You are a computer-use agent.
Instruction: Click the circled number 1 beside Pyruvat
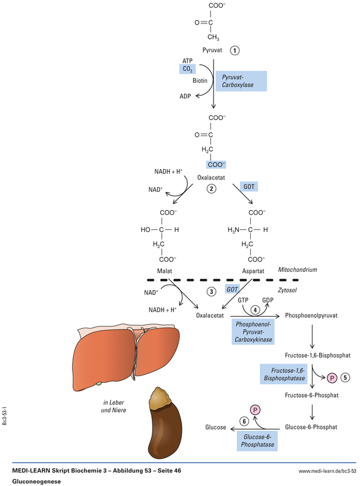click(x=235, y=51)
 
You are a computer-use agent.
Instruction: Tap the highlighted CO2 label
click(x=188, y=70)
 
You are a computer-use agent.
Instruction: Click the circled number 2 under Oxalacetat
click(x=211, y=188)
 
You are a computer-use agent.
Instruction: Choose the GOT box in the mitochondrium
click(x=248, y=187)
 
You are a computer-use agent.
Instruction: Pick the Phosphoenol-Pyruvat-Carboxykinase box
click(x=253, y=331)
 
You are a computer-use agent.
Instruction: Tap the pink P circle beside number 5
click(x=329, y=378)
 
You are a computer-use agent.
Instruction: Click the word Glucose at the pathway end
click(x=215, y=427)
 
